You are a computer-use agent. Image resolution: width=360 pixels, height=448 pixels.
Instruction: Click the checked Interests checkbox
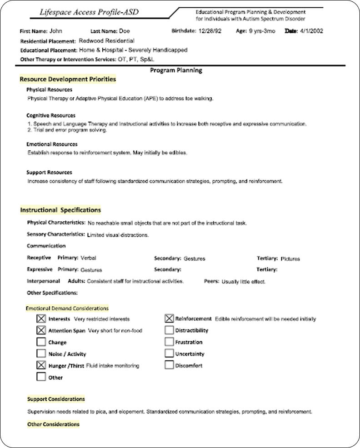pos(41,319)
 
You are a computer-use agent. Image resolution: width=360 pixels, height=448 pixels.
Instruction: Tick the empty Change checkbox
pos(41,342)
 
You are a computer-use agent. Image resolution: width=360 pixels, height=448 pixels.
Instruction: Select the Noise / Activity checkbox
pos(41,353)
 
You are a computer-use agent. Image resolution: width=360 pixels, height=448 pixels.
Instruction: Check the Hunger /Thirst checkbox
pos(41,365)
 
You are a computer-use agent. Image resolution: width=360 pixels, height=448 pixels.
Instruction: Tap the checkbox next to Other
pos(41,377)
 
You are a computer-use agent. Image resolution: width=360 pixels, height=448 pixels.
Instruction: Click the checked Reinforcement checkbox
pos(169,319)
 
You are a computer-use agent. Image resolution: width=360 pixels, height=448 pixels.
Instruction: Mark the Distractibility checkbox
pos(169,330)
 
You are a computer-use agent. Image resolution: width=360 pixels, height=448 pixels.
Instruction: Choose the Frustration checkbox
pos(169,342)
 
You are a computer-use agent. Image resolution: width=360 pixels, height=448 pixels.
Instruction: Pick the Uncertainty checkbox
pos(169,353)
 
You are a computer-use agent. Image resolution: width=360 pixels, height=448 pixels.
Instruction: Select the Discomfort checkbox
pos(169,365)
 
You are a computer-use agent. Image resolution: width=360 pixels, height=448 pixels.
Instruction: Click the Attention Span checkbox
pos(41,330)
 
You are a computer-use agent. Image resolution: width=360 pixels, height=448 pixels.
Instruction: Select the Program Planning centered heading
pos(176,70)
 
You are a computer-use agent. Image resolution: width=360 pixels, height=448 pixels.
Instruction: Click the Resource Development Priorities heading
pos(68,80)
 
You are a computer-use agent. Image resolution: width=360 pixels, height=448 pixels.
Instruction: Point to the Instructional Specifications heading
pos(60,210)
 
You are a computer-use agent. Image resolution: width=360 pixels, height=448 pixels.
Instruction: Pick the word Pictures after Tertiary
pos(290,259)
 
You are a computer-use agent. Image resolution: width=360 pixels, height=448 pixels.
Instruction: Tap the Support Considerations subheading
pos(56,399)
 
